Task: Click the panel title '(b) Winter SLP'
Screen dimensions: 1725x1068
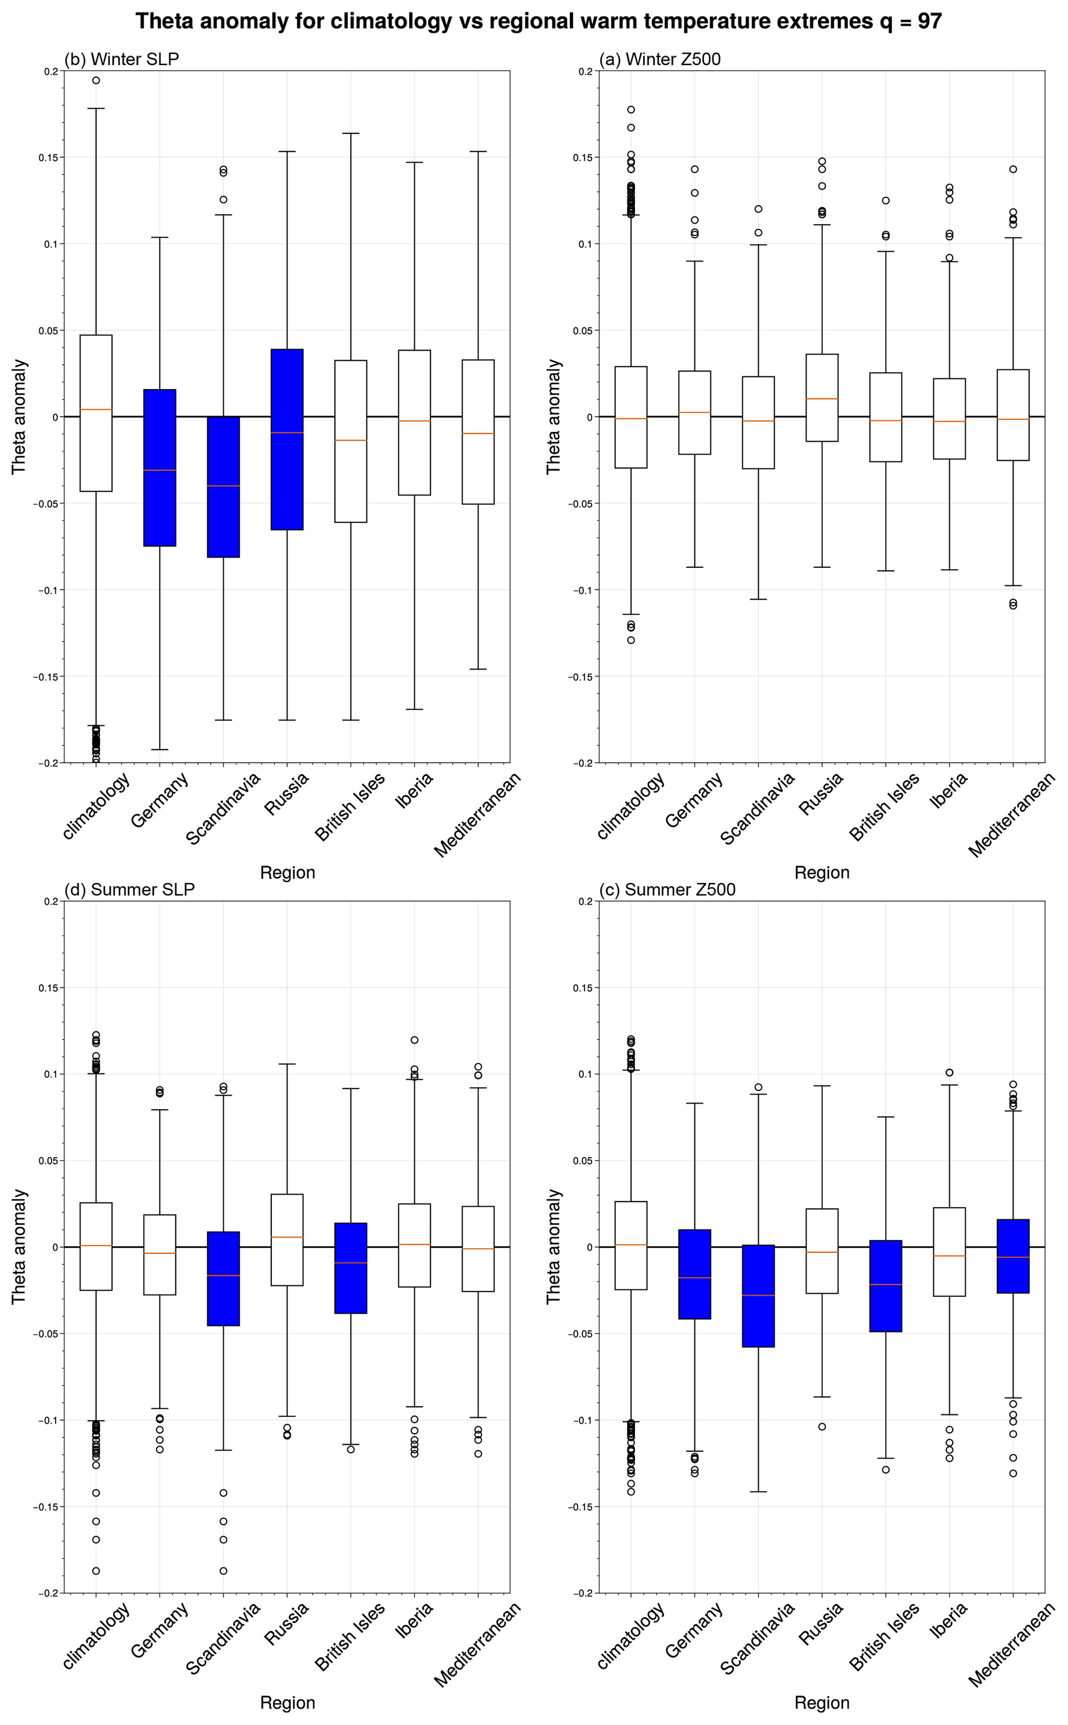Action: click(x=121, y=59)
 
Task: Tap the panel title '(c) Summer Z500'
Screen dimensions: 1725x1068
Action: click(x=667, y=890)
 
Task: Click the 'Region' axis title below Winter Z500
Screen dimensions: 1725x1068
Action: click(x=822, y=873)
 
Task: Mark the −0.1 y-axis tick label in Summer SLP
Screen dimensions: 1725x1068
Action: click(x=46, y=1420)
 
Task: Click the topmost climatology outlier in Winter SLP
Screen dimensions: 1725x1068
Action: click(x=96, y=81)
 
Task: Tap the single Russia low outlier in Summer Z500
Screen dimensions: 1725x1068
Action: click(x=822, y=1427)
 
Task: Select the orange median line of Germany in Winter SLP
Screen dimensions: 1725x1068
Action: click(x=160, y=470)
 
